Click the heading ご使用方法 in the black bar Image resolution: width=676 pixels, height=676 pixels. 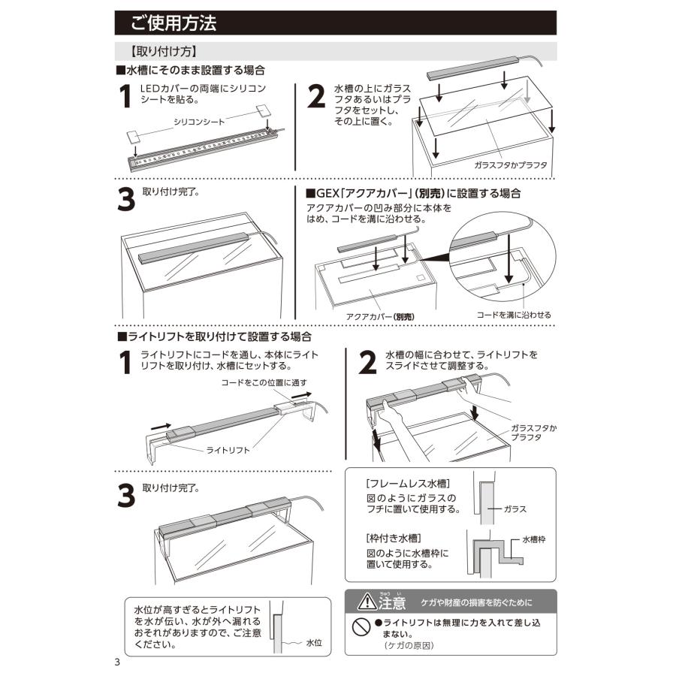(174, 23)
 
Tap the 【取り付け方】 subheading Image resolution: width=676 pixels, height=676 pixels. (164, 52)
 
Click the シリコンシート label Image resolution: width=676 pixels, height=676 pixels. (199, 122)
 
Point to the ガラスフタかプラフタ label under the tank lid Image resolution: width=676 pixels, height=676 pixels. (511, 165)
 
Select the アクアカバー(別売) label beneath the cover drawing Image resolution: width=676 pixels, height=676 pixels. (380, 317)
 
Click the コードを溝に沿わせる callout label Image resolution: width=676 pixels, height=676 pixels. (514, 315)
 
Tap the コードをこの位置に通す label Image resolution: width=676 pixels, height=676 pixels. (264, 383)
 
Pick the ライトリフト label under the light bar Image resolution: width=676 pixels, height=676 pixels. (228, 451)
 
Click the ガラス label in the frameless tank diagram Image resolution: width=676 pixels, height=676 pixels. (515, 509)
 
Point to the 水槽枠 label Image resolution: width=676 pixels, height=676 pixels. (534, 539)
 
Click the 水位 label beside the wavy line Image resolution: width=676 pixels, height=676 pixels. (314, 643)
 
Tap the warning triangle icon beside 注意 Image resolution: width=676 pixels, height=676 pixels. (367, 602)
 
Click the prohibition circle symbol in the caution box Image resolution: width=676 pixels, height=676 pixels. (361, 626)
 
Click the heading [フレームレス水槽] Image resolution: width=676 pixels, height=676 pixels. (408, 483)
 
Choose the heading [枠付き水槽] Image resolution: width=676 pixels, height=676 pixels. (394, 538)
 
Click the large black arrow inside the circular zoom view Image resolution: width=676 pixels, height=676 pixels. (509, 258)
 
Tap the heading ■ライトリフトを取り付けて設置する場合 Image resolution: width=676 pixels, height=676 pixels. (214, 336)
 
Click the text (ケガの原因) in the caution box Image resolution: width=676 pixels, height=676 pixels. (409, 645)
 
